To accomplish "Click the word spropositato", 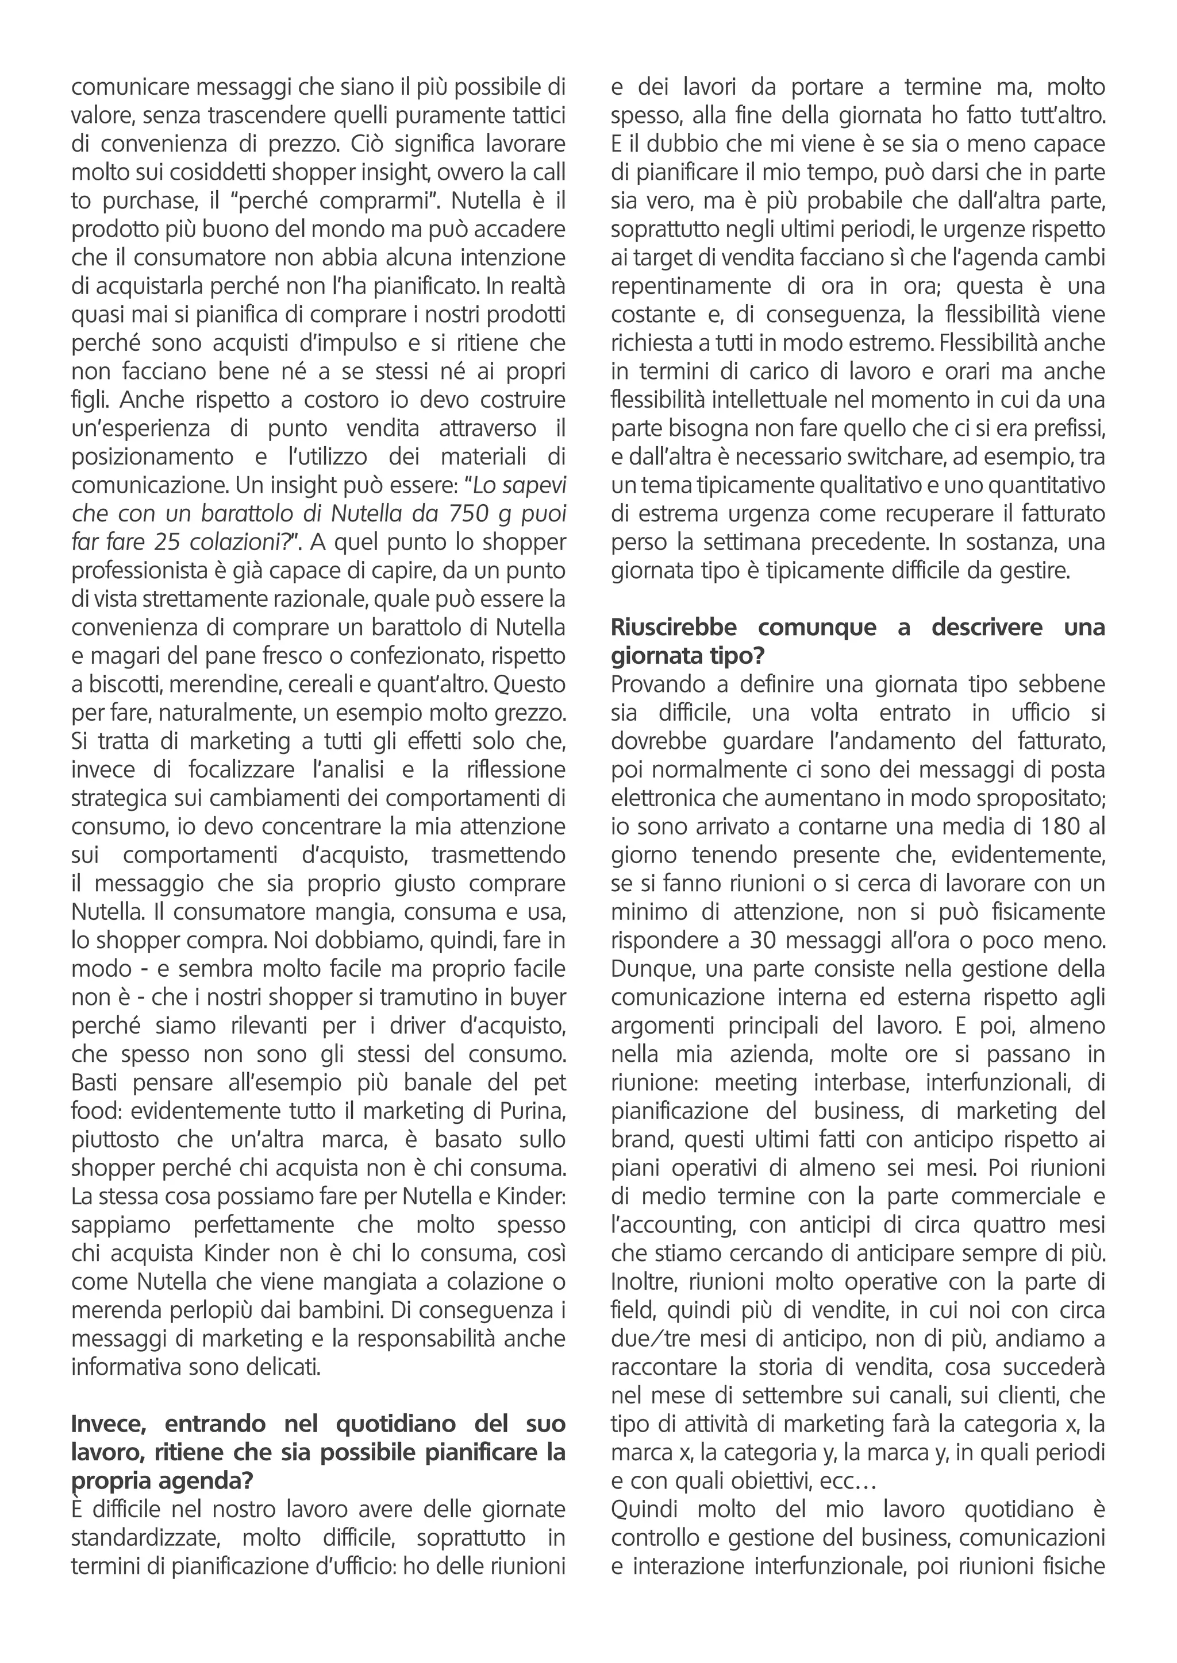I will (x=1041, y=798).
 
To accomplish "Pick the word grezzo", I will (x=525, y=713).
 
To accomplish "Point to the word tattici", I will (x=529, y=115).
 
